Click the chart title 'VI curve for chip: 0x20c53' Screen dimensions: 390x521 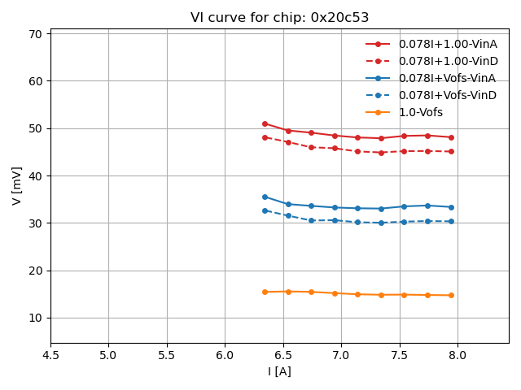279,18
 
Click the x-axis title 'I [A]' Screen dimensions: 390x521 279,372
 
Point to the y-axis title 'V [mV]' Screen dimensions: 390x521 17,185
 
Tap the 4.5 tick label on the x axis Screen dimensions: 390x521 50,355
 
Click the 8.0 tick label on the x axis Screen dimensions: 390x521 458,355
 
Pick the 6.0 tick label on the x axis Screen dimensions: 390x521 225,355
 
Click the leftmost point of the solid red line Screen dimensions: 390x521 265,123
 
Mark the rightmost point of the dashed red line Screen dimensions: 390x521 451,151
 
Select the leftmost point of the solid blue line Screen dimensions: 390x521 265,197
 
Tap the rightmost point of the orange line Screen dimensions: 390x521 451,295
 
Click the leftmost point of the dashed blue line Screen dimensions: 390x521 265,210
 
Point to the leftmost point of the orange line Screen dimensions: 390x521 265,292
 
